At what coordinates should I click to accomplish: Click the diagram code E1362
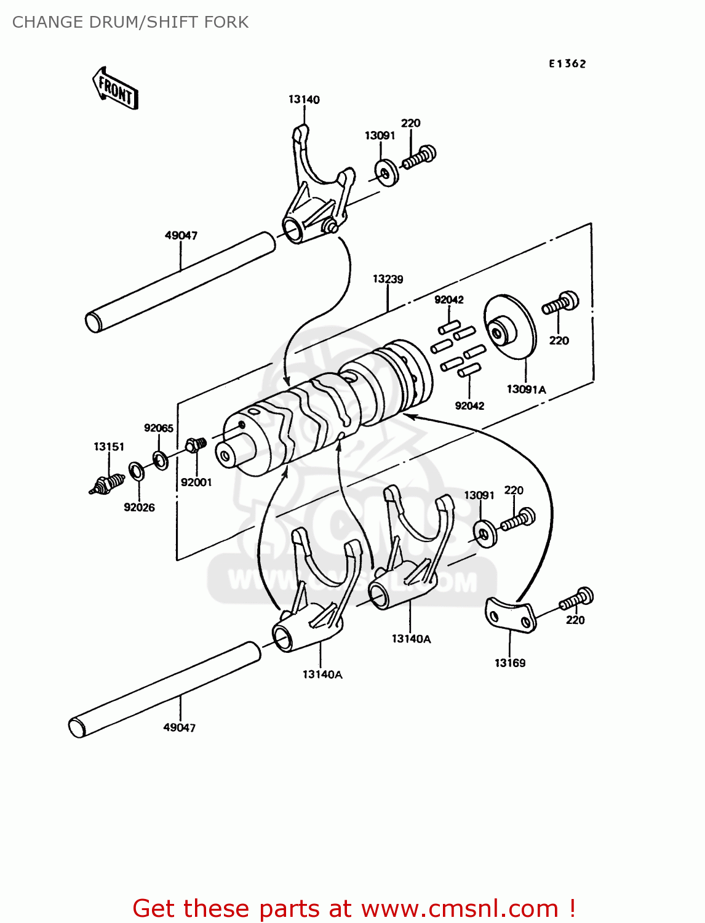(567, 63)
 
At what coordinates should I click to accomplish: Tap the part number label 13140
(304, 100)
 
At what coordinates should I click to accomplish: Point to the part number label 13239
(388, 279)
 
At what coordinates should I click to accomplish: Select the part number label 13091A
(526, 390)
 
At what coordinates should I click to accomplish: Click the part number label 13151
(109, 447)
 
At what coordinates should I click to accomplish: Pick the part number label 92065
(159, 428)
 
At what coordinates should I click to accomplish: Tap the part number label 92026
(139, 507)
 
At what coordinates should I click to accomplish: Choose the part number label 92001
(196, 482)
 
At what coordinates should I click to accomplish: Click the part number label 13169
(510, 663)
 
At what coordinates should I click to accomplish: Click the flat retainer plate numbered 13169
(511, 615)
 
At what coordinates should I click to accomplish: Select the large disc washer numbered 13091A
(509, 328)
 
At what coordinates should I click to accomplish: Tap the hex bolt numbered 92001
(196, 444)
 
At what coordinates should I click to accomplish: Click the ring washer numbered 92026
(136, 471)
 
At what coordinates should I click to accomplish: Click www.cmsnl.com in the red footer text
(460, 908)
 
